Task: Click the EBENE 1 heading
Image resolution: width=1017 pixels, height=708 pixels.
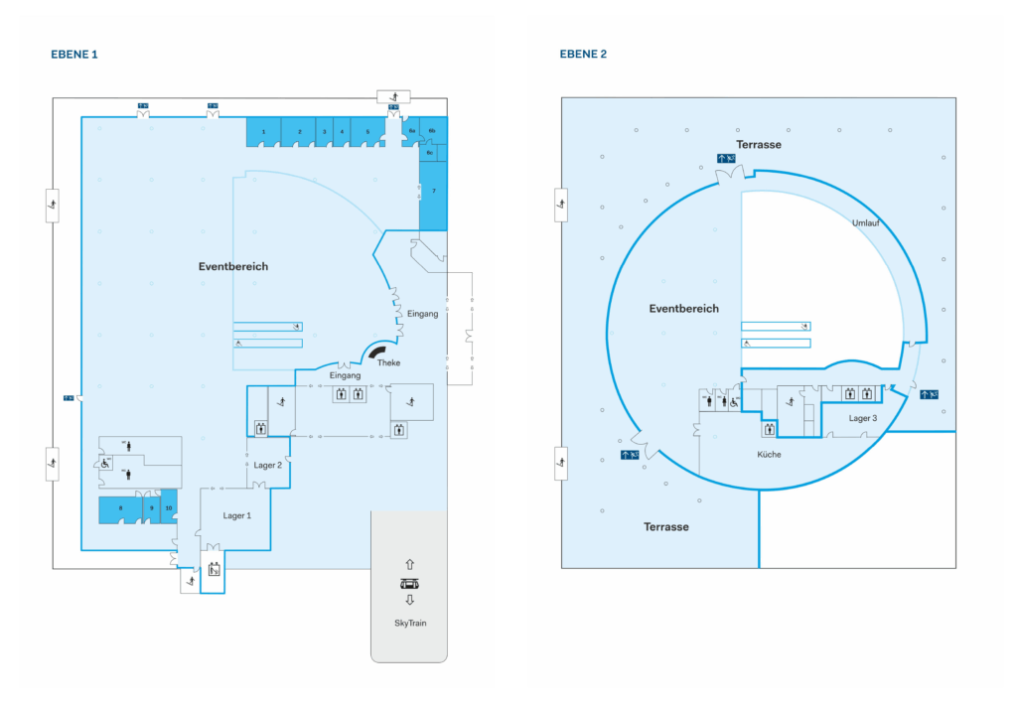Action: tap(74, 54)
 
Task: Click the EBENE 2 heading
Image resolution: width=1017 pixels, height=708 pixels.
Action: tap(583, 54)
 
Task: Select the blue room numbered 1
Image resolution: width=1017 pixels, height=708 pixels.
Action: tap(263, 131)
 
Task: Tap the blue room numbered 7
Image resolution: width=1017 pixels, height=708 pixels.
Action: tap(433, 190)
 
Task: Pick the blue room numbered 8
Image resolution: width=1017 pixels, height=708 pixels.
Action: tap(120, 508)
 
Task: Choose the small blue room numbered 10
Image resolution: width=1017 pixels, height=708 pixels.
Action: tap(169, 507)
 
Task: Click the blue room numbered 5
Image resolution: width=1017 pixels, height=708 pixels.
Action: tap(367, 131)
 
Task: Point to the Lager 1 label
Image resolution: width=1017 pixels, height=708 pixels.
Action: tap(236, 515)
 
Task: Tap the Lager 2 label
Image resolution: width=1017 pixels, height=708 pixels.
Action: tap(268, 465)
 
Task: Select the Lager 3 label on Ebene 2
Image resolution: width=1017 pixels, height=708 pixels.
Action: tap(863, 418)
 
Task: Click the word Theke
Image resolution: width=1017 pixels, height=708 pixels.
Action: tap(388, 362)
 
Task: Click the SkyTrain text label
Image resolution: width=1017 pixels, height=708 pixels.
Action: tap(409, 623)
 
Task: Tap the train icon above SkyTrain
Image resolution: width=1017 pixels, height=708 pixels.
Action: tap(409, 583)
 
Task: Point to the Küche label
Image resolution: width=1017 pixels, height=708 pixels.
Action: tap(769, 454)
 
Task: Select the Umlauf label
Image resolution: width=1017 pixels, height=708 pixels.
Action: tap(865, 222)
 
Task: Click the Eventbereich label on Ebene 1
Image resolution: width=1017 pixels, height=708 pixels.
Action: tap(233, 266)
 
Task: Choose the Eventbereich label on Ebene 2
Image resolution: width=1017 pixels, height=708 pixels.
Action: tap(683, 308)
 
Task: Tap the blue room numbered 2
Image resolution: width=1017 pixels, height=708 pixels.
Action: tap(298, 131)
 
